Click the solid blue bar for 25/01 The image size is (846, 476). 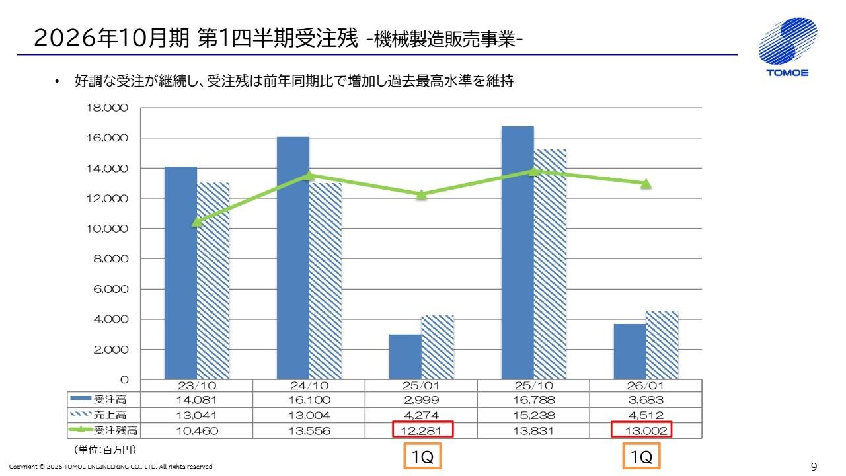pyautogui.click(x=405, y=357)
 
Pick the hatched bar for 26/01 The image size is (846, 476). pyautogui.click(x=662, y=345)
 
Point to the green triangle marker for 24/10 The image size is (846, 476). pyautogui.click(x=309, y=175)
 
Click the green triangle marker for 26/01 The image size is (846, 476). pyautogui.click(x=646, y=184)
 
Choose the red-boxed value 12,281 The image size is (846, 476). pyautogui.click(x=422, y=430)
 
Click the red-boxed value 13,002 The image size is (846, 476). pyautogui.click(x=641, y=430)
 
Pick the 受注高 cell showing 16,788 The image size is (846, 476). pyautogui.click(x=533, y=400)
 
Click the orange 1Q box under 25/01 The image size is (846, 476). pyautogui.click(x=422, y=457)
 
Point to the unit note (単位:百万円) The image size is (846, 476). pyautogui.click(x=105, y=450)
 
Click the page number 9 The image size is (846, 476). pyautogui.click(x=814, y=467)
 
